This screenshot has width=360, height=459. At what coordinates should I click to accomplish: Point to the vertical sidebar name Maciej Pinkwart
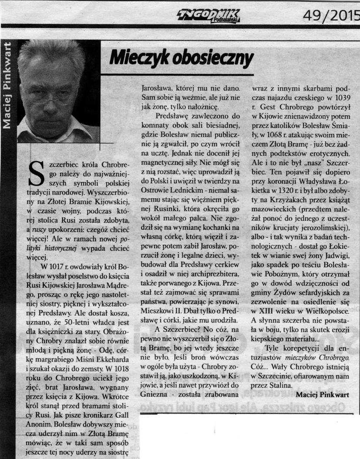pyautogui.click(x=8, y=84)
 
